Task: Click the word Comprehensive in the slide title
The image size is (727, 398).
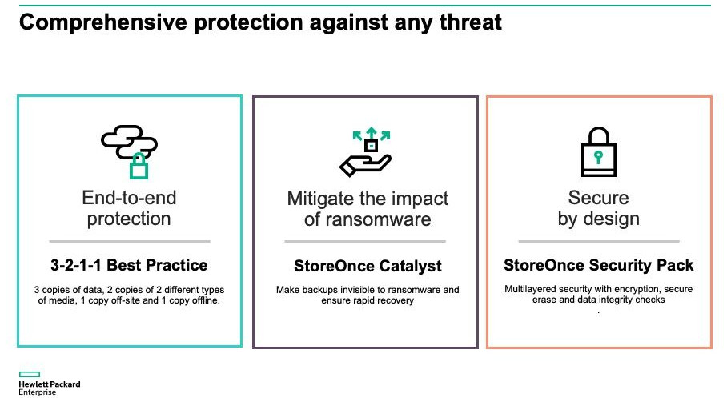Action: (103, 22)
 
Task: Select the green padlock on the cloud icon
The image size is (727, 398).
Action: (139, 166)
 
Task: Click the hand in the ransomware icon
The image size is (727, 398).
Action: (365, 166)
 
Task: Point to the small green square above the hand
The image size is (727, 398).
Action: (371, 146)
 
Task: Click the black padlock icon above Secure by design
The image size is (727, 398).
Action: (599, 151)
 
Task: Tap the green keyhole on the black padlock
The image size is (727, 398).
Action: (599, 157)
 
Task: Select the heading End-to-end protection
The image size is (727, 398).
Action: (130, 208)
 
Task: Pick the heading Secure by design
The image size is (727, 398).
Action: (599, 208)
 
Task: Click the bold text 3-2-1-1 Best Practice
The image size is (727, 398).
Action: (130, 265)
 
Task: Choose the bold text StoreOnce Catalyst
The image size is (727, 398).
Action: (368, 266)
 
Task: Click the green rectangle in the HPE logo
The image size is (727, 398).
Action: (29, 374)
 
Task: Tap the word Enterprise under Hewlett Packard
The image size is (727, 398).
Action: (37, 392)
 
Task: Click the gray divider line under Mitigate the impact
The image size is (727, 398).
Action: (365, 241)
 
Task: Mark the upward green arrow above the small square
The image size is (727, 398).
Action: (371, 132)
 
